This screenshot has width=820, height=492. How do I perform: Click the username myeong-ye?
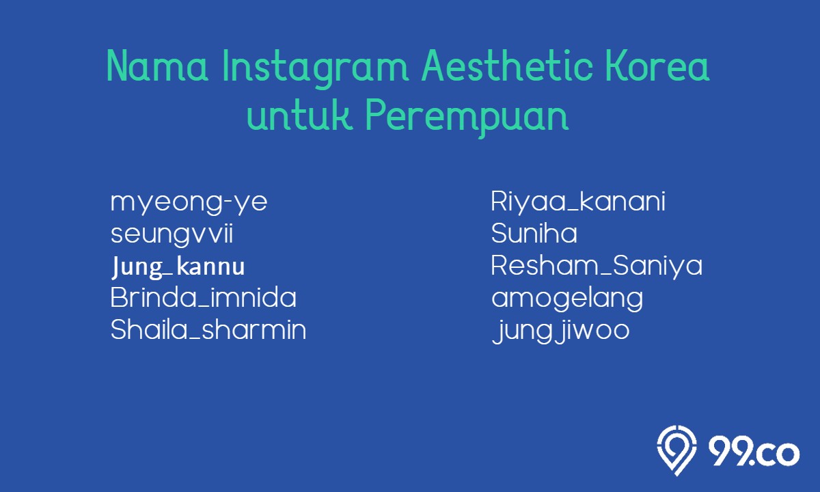189,203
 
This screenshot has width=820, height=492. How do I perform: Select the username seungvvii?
172,234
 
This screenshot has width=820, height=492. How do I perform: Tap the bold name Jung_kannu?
178,267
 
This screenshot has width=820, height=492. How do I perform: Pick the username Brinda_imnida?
203,298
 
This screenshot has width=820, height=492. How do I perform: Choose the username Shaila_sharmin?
208,329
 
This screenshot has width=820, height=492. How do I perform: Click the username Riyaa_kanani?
578,201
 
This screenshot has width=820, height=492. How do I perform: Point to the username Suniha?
534,233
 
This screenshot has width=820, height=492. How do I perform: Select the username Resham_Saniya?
597,266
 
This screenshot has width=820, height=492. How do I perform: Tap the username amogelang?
567,299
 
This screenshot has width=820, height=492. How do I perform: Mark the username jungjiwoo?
561,331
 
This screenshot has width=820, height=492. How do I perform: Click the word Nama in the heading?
157,66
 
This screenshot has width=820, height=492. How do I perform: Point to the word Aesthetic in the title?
507,66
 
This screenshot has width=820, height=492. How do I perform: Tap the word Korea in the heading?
658,66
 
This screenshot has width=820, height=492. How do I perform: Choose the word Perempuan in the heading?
467,118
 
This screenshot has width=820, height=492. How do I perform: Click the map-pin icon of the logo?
676,450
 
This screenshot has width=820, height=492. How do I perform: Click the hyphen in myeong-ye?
227,202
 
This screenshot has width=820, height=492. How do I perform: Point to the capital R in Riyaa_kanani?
500,201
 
